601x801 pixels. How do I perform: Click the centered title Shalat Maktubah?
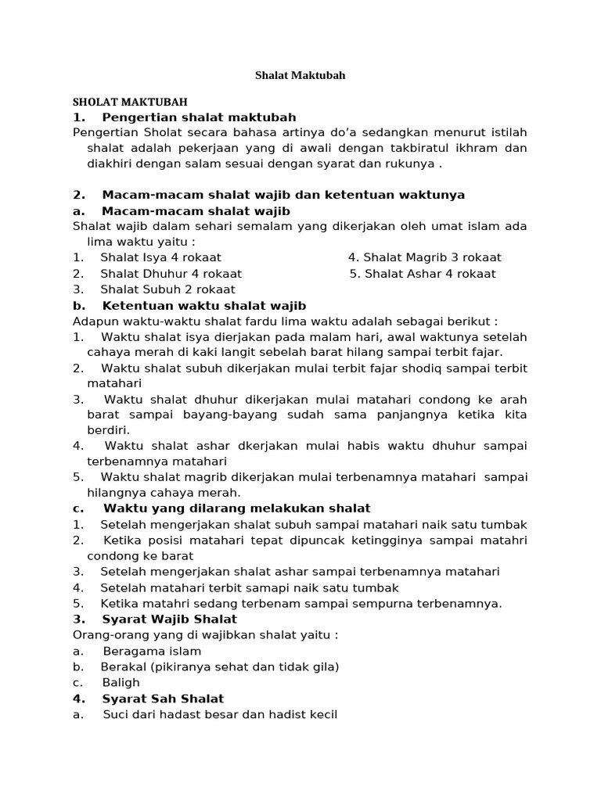click(300, 76)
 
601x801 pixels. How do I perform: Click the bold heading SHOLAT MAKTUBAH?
click(130, 102)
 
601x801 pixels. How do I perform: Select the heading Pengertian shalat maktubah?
click(200, 117)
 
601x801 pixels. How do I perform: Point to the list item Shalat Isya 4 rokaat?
click(160, 257)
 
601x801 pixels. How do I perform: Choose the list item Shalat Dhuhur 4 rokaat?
click(171, 274)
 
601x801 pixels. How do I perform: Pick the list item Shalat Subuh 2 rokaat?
click(167, 289)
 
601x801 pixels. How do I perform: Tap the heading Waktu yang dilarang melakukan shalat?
click(236, 508)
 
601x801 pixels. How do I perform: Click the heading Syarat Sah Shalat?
click(163, 699)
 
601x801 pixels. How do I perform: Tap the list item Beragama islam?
click(152, 651)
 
